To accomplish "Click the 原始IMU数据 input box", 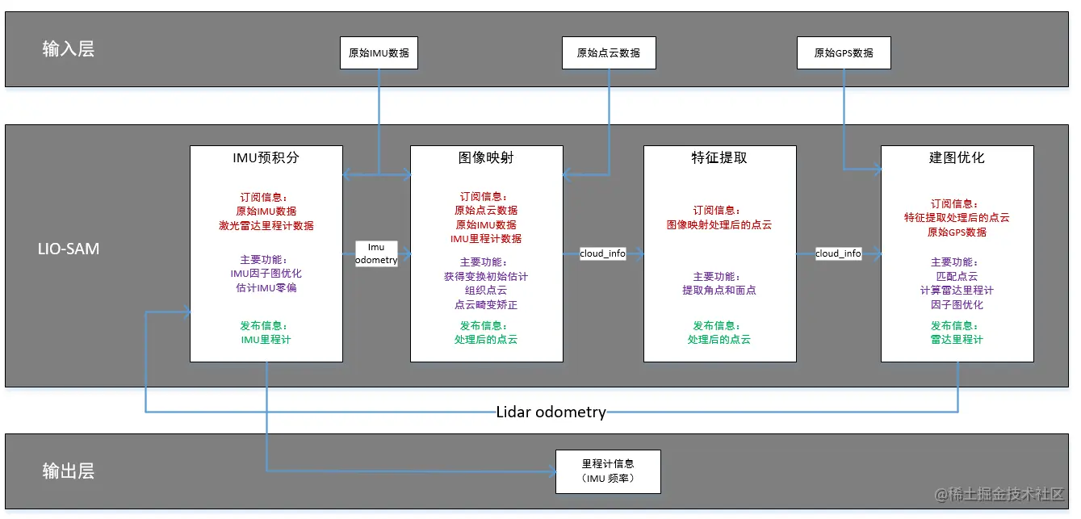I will click(379, 53).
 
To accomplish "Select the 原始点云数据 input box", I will click(609, 53).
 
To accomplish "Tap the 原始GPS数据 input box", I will click(844, 53).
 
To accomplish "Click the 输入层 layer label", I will click(69, 49).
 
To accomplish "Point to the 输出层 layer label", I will click(69, 471).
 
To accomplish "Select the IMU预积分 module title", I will click(266, 157).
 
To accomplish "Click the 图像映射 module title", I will click(486, 157).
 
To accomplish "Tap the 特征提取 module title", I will click(719, 157).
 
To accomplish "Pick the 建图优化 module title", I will click(957, 157).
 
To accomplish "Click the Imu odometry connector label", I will click(376, 253).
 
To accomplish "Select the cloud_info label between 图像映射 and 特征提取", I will click(602, 253).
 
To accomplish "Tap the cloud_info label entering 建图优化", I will click(838, 253).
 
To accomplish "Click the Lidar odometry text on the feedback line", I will click(551, 412).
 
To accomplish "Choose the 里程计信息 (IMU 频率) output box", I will click(608, 471).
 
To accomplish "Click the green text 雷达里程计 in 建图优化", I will click(957, 340).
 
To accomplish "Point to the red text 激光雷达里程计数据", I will click(266, 225).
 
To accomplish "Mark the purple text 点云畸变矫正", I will click(486, 305).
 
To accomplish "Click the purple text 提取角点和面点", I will click(719, 290).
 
